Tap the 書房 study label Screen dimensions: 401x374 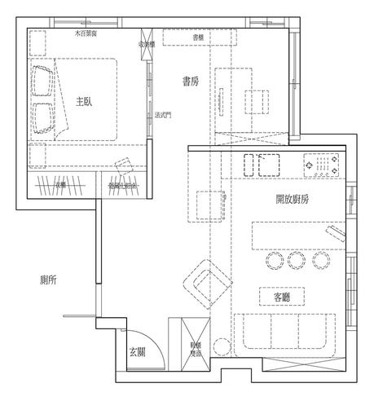click(191, 82)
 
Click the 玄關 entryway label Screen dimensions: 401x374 click(137, 352)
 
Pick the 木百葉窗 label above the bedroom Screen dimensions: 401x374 click(86, 33)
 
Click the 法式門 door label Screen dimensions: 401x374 click(162, 115)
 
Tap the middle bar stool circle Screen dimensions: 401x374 click(296, 261)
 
